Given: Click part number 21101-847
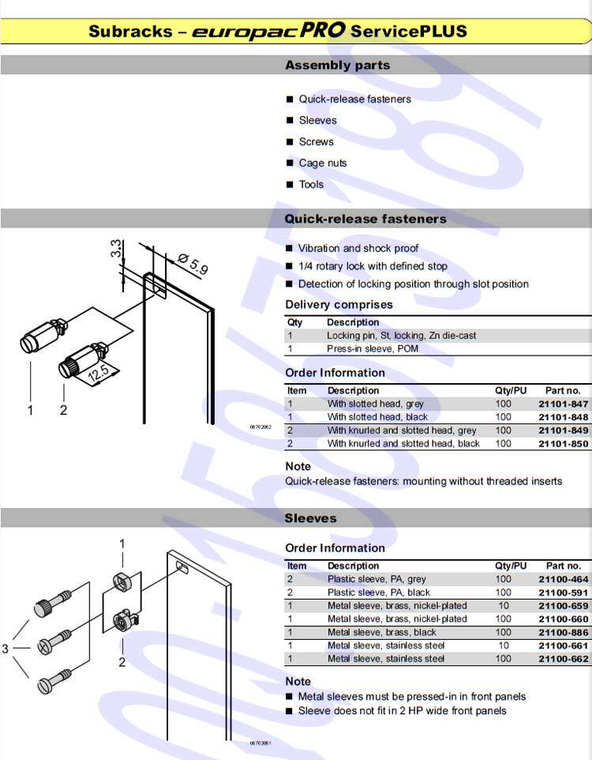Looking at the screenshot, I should tap(564, 404).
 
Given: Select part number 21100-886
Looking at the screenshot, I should tap(564, 632).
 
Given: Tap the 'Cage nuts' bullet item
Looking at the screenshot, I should tap(323, 163).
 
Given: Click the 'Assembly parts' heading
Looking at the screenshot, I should tap(337, 66).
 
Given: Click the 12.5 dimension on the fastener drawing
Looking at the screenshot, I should tap(98, 371).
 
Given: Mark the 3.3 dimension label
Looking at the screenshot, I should tap(116, 250).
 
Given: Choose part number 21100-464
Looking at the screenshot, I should tap(564, 579).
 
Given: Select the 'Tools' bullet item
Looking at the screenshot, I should tap(311, 184).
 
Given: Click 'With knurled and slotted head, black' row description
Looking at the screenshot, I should tap(403, 443).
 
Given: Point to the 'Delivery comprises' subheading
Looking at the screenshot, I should tap(339, 305).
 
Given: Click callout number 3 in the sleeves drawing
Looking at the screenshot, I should tap(6, 649).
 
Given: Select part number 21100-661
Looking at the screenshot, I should tap(564, 645).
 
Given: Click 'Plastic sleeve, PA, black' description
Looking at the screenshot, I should tap(379, 593).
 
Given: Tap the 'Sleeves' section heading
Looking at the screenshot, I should tap(310, 518).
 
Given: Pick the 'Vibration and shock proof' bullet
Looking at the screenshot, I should tap(358, 248).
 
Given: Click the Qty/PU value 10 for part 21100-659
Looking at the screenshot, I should tap(503, 606).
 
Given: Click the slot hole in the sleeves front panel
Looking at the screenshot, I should tap(182, 566).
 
